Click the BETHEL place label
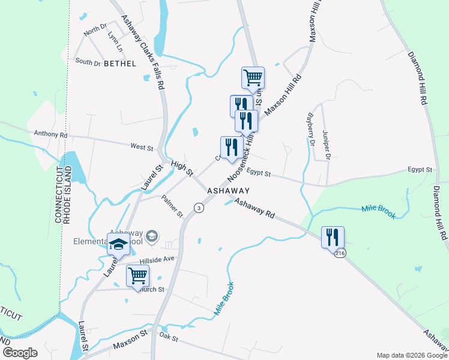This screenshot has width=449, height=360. pos(119,63)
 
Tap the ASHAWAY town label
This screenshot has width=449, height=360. pos(228,190)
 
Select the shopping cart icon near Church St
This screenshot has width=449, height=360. pos(138,277)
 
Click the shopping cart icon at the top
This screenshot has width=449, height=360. pos(253,77)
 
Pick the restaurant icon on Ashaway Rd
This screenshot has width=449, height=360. pos(332,237)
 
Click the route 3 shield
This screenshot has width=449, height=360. pos(198,208)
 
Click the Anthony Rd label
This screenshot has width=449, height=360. pos(51,134)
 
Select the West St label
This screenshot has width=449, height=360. pos(142,146)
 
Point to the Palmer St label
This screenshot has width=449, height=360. pos(172,207)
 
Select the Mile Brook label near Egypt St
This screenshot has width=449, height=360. pos(379,211)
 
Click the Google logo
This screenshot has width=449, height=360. pos(20,353)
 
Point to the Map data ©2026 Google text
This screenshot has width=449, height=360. pos(411,355)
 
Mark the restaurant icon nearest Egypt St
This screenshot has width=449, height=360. pos(229,148)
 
